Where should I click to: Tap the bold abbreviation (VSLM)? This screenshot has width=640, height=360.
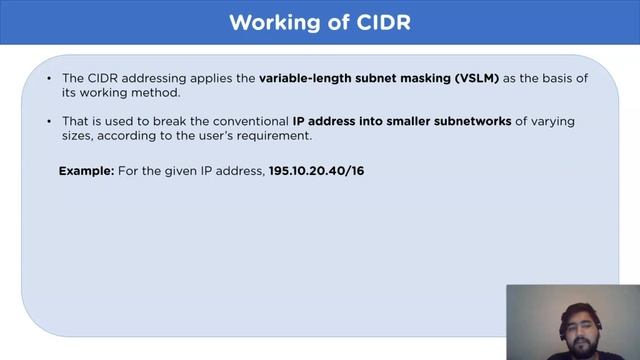tap(472, 77)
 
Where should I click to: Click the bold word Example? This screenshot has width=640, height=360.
tap(86, 172)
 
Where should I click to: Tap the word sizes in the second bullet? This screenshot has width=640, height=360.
tap(79, 136)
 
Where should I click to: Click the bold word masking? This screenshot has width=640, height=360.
tap(414, 77)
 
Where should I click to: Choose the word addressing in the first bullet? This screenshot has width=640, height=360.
tap(162, 77)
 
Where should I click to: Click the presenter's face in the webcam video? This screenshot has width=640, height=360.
tap(566, 320)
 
